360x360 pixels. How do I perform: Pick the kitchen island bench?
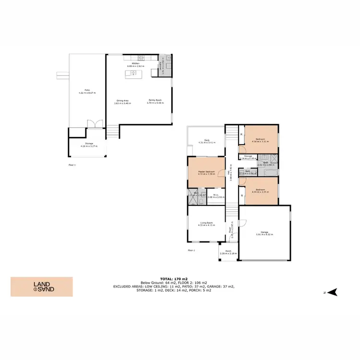click(132, 74)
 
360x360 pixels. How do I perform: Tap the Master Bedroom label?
click(206, 172)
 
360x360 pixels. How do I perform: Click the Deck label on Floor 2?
click(206, 141)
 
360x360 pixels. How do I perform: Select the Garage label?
click(264, 233)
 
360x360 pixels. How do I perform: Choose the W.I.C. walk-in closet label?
click(216, 196)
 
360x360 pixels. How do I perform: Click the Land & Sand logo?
click(42, 287)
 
